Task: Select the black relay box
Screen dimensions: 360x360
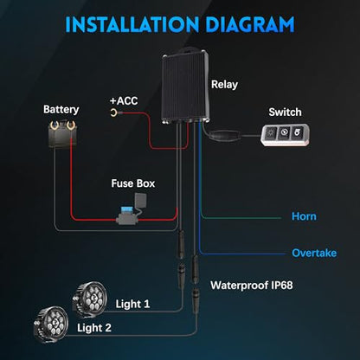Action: click(x=185, y=86)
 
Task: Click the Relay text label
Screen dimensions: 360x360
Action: click(x=224, y=85)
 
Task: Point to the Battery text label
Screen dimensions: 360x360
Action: click(x=61, y=110)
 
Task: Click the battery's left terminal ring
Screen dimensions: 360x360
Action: click(x=55, y=125)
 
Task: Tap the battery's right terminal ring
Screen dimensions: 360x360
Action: click(x=71, y=125)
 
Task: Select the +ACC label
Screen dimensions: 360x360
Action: click(x=124, y=101)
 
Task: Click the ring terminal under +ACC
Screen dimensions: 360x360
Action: click(x=113, y=112)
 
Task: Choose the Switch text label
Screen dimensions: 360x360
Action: click(x=285, y=112)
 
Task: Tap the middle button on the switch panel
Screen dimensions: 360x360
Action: click(x=284, y=133)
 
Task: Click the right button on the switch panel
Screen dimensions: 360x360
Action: click(x=297, y=132)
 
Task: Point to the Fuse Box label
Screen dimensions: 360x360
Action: click(x=133, y=183)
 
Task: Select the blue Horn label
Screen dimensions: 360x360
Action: click(x=304, y=216)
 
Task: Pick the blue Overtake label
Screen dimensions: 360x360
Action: click(x=314, y=253)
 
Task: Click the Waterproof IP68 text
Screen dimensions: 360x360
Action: click(x=252, y=286)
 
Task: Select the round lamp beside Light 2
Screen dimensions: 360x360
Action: click(x=51, y=325)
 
